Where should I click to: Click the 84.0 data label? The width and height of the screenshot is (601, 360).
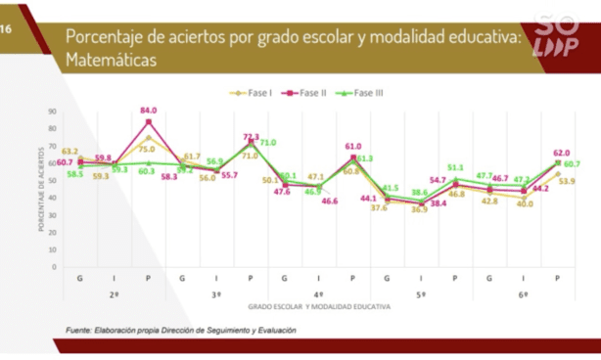point(150,111)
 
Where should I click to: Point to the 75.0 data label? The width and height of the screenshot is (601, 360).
point(147,150)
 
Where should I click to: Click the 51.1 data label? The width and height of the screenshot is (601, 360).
point(455,167)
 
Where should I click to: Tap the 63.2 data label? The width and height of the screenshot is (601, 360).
point(70,152)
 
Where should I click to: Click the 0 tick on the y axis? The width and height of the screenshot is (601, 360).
point(52,265)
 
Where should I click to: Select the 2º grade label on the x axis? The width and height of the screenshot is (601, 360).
point(114,294)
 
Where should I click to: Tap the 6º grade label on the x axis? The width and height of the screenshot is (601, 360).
point(524,294)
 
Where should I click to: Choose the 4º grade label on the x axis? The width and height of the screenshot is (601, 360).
point(318,294)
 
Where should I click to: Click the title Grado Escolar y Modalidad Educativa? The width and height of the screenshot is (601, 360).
point(318,306)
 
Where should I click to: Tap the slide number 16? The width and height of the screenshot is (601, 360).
point(7,30)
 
